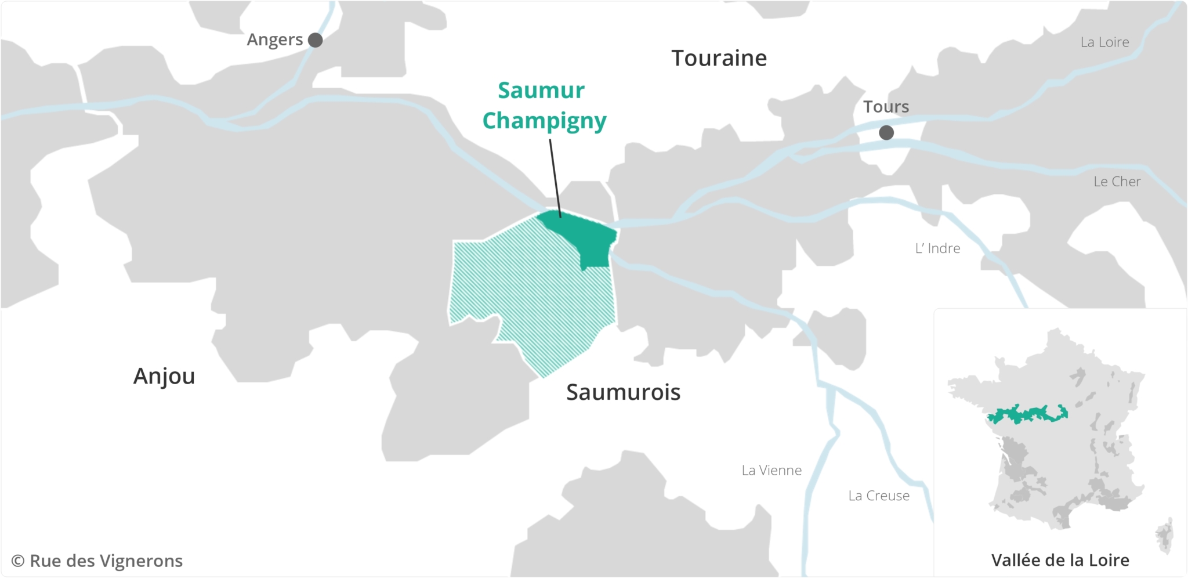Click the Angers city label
click(274, 39)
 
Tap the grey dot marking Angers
click(315, 40)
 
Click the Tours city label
click(886, 107)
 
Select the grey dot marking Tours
click(886, 133)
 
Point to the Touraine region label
click(719, 58)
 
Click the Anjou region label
click(164, 376)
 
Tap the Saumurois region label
click(623, 392)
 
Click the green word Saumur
click(541, 91)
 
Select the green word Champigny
click(544, 121)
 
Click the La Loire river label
click(1104, 42)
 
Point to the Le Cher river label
click(1117, 182)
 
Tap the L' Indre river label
click(937, 248)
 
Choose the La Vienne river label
click(772, 470)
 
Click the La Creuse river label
click(879, 496)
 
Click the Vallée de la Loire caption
click(1060, 560)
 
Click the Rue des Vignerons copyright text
click(97, 561)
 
